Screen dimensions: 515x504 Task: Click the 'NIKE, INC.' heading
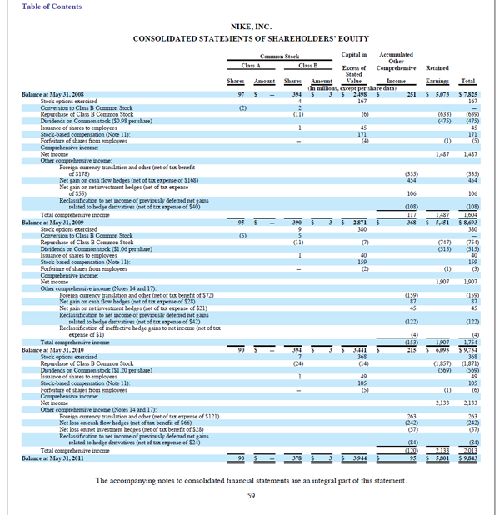(x=252, y=26)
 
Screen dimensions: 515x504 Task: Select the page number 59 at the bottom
(x=252, y=496)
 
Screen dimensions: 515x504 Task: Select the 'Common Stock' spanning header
(x=279, y=56)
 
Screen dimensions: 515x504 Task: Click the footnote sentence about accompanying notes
(x=252, y=481)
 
